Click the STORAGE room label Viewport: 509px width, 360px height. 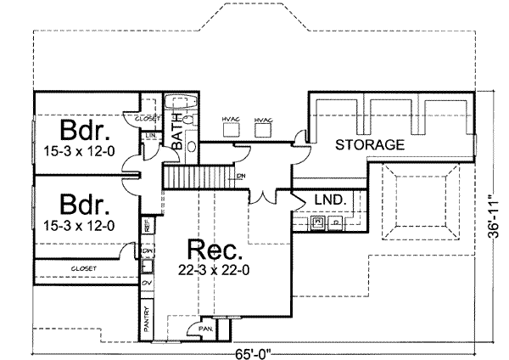click(368, 145)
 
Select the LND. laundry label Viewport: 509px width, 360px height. click(327, 200)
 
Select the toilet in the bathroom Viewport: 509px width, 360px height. click(188, 121)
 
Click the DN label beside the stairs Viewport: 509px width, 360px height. click(241, 177)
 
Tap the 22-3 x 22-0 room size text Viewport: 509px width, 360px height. click(215, 271)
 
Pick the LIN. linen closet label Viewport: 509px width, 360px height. click(150, 135)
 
